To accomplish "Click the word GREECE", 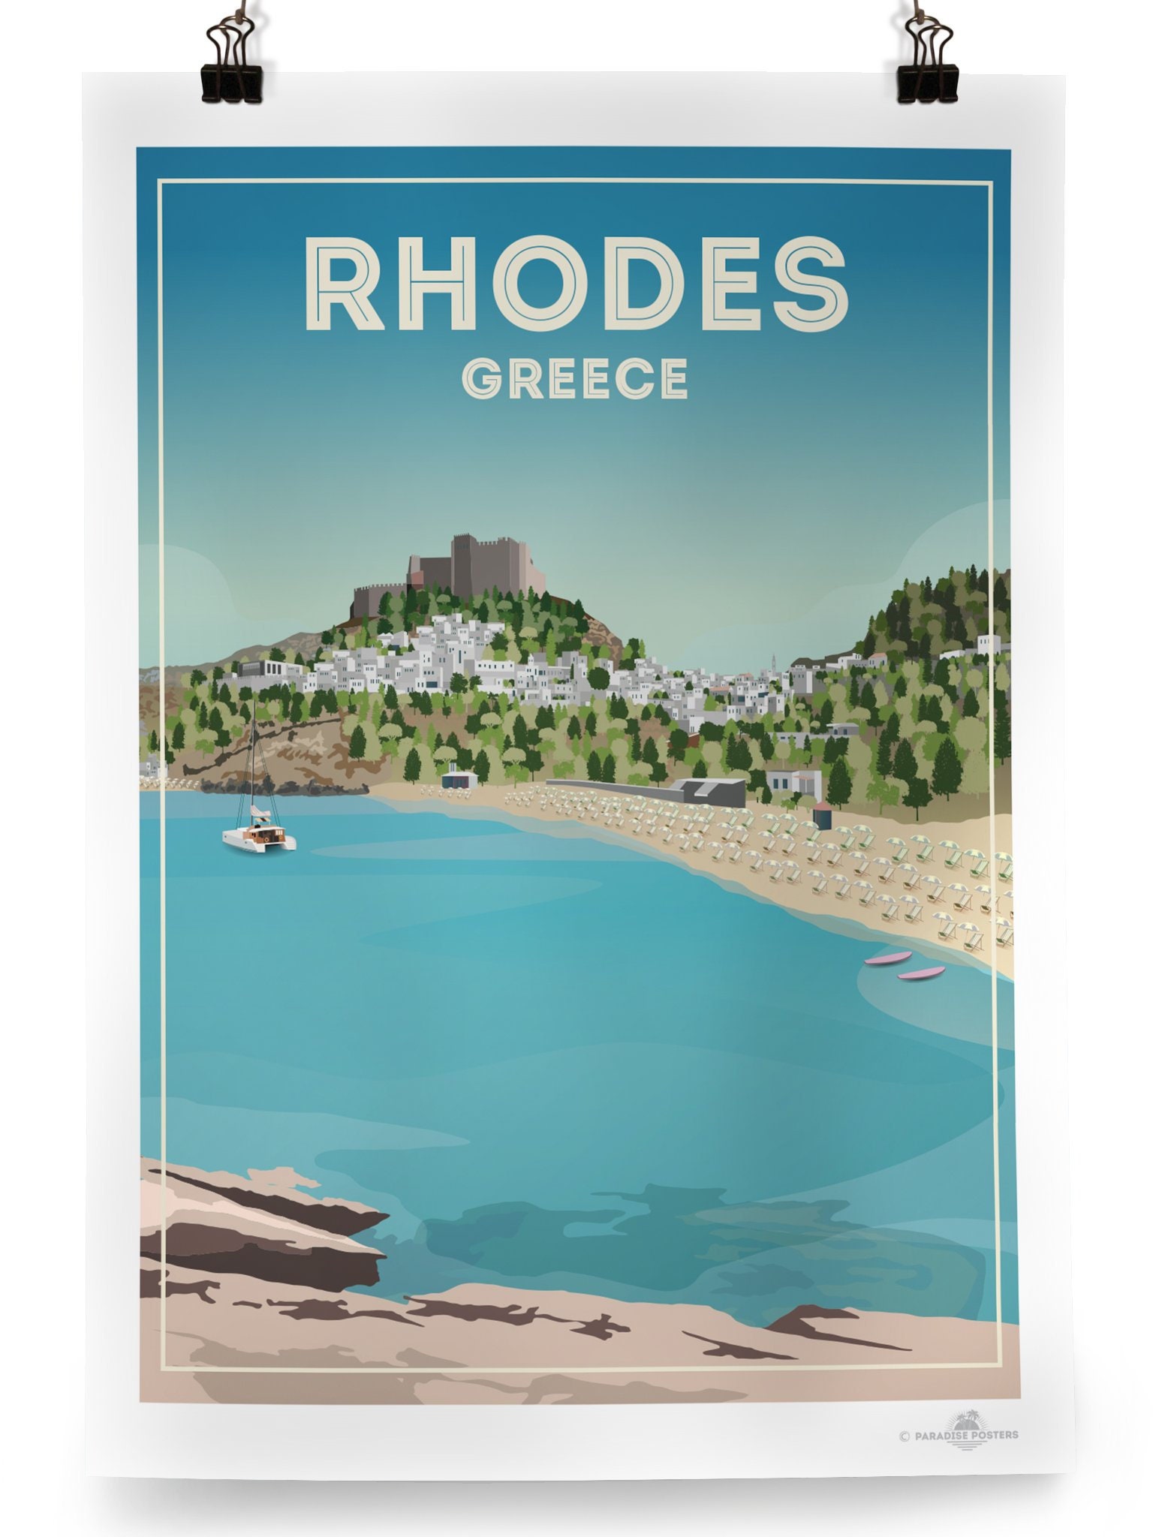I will [x=574, y=377].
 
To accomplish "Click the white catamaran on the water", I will [x=260, y=835].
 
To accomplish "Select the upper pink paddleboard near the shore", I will [x=888, y=958].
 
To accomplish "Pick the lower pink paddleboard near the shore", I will [x=921, y=973].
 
